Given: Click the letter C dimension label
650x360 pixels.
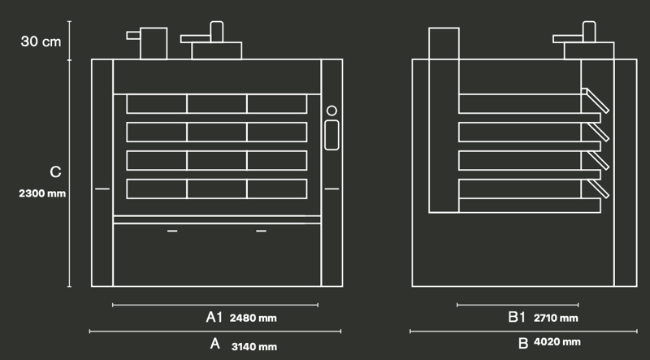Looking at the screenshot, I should click(x=54, y=172).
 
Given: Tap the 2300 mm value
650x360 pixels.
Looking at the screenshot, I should click(x=42, y=194).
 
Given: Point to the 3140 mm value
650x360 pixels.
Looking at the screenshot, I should click(x=255, y=346).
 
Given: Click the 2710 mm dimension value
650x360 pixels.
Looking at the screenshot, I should click(x=556, y=317).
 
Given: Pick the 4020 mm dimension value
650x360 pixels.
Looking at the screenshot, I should click(x=558, y=342).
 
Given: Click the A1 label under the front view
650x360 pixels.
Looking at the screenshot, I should click(x=214, y=316).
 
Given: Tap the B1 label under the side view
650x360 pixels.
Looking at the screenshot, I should click(x=518, y=316).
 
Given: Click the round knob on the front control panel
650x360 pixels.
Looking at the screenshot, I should click(x=331, y=111).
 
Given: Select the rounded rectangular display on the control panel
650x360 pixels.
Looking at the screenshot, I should click(x=331, y=134).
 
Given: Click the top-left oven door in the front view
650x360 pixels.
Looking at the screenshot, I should click(x=157, y=104).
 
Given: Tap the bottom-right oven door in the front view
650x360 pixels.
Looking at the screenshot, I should click(x=277, y=189).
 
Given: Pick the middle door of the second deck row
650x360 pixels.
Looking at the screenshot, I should click(x=217, y=132).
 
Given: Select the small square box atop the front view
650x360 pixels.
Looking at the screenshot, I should click(x=154, y=43).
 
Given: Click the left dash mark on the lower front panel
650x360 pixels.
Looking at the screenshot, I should click(x=172, y=232).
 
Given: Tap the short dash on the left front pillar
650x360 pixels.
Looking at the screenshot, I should click(x=102, y=189).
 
